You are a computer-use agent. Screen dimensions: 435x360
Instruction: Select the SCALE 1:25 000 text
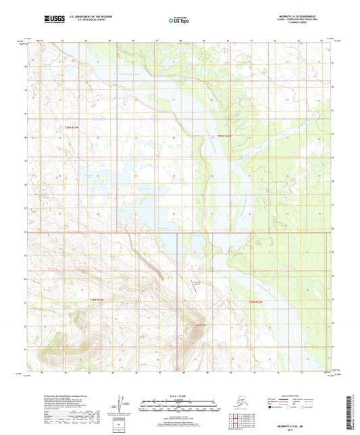coord(179,396)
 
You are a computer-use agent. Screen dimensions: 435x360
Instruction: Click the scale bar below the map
coord(179,407)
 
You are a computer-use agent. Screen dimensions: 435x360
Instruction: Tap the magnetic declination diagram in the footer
coord(123,404)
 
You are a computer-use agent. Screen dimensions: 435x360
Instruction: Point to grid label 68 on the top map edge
coord(181,41)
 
